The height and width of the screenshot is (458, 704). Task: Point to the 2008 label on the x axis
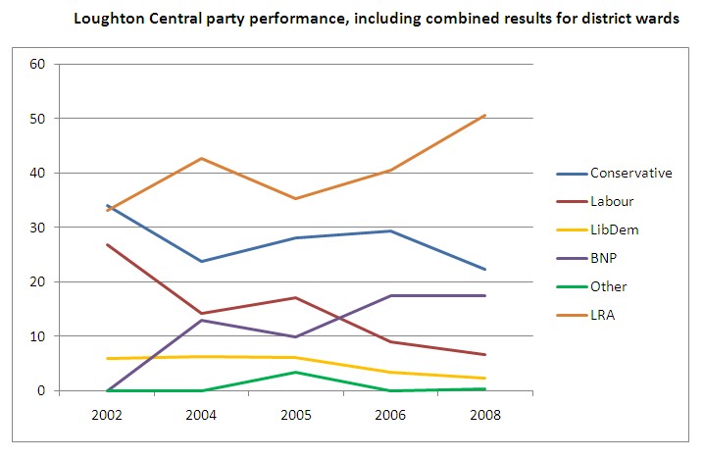(484, 415)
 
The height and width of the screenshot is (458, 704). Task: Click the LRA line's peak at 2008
(485, 115)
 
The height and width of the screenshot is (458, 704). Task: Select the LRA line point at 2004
(201, 158)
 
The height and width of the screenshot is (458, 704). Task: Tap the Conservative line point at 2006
(390, 230)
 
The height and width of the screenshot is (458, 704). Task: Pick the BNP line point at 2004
(201, 320)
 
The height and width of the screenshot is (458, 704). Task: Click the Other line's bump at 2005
(295, 372)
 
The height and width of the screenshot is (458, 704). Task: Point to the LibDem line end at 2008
(485, 379)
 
